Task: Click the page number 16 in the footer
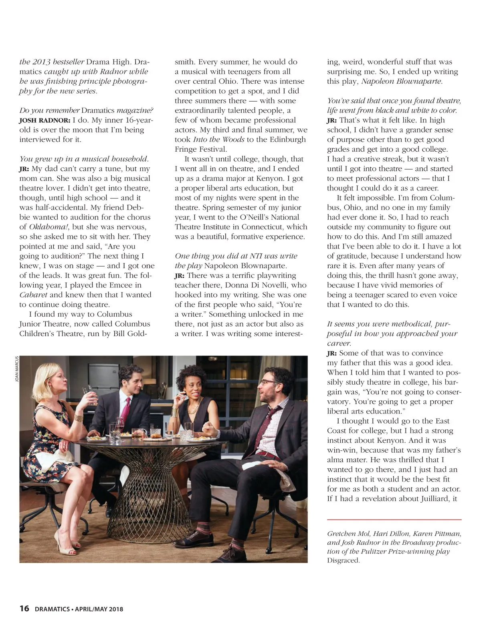(x=24, y=609)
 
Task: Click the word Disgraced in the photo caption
(x=343, y=560)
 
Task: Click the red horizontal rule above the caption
(x=394, y=520)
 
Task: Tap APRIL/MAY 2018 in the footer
(x=99, y=609)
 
